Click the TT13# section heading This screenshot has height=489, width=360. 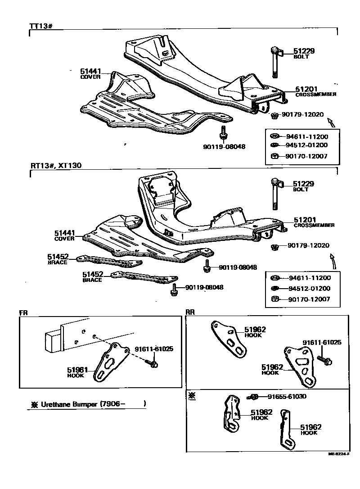click(x=41, y=27)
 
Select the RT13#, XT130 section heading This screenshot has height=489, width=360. click(x=56, y=165)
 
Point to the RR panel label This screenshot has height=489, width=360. click(x=190, y=312)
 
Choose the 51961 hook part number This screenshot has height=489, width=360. click(x=78, y=370)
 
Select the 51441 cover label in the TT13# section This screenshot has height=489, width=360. click(x=91, y=71)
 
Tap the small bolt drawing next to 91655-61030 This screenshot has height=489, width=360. click(x=252, y=397)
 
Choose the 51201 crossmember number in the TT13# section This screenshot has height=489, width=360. click(x=306, y=89)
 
